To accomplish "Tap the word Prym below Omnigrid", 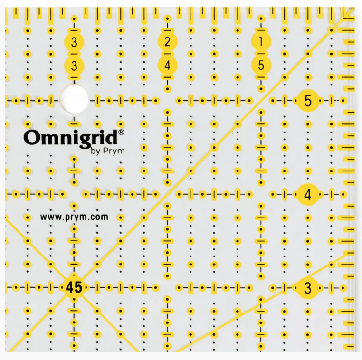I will pyautogui.click(x=109, y=152).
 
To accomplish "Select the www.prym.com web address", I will pyautogui.click(x=74, y=217).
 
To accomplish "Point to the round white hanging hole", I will pyautogui.click(x=75, y=99).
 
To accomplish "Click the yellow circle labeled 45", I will pyautogui.click(x=74, y=287).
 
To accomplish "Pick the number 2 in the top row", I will pyautogui.click(x=167, y=42).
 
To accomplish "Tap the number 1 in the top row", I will pyautogui.click(x=261, y=42).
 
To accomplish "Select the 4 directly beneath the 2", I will pyautogui.click(x=167, y=65).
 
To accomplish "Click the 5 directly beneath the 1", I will pyautogui.click(x=261, y=65).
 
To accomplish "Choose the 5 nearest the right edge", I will pyautogui.click(x=307, y=101).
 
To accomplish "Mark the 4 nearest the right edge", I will pyautogui.click(x=307, y=194).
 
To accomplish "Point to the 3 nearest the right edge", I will pyautogui.click(x=307, y=287).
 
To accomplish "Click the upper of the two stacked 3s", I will pyautogui.click(x=74, y=42).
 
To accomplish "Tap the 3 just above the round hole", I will pyautogui.click(x=74, y=65).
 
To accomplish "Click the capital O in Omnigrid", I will pyautogui.click(x=31, y=137).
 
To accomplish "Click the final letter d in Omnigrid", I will pyautogui.click(x=113, y=137).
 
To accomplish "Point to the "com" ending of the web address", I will pyautogui.click(x=100, y=217).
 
